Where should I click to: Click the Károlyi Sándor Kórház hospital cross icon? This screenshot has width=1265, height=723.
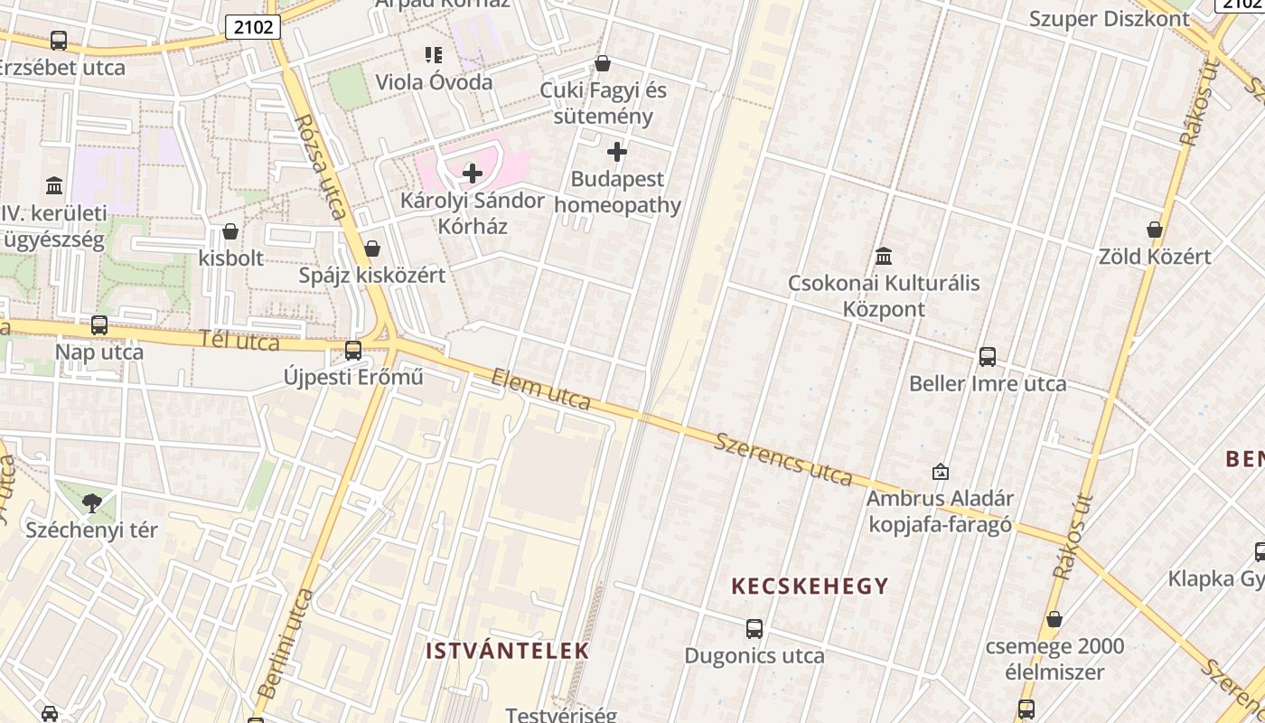click(473, 174)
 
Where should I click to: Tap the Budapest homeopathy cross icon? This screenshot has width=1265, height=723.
click(617, 152)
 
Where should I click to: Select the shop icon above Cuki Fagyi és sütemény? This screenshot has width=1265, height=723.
click(603, 63)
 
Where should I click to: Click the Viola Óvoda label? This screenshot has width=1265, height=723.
click(435, 82)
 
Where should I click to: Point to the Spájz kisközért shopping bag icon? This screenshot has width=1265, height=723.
click(372, 249)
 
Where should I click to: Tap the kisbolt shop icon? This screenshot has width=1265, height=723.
click(230, 231)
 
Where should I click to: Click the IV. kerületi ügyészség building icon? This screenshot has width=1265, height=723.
click(54, 186)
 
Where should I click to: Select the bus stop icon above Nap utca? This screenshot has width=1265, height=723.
click(99, 325)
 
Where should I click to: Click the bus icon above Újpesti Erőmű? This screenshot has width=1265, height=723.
click(353, 351)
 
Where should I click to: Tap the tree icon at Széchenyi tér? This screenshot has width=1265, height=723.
click(91, 503)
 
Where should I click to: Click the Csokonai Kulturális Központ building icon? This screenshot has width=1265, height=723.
click(884, 256)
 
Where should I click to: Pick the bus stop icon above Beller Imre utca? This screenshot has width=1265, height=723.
click(988, 357)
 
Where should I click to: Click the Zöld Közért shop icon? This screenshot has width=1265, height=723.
click(1155, 230)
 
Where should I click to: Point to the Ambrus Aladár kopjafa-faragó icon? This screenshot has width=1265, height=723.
click(941, 472)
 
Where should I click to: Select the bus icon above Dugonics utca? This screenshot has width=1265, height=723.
click(754, 629)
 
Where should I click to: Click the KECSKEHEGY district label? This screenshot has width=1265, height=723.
click(810, 587)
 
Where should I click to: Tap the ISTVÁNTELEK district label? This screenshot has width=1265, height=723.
click(507, 651)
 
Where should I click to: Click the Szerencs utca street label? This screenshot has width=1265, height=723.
click(783, 458)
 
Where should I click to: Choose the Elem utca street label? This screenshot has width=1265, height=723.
click(541, 390)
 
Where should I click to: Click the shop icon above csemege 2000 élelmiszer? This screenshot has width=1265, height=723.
click(1054, 620)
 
